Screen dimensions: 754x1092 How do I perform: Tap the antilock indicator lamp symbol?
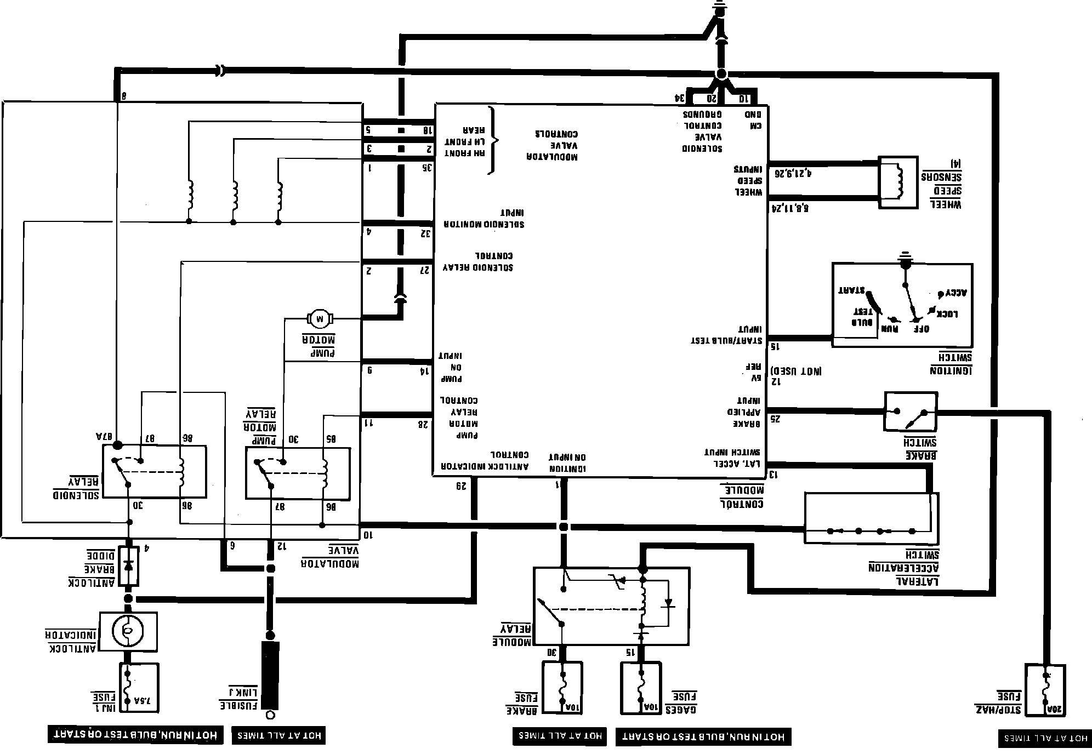pos(127,631)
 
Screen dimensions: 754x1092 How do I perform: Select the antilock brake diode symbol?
pos(129,565)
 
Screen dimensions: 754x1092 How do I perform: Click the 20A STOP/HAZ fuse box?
pos(1045,690)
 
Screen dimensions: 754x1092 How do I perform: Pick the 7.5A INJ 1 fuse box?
pos(139,687)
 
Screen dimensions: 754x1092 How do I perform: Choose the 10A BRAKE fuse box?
pos(562,687)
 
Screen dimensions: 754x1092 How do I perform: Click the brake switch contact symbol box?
pos(911,411)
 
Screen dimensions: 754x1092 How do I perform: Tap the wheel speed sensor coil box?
pos(898,182)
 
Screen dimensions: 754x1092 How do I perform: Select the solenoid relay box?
pos(155,471)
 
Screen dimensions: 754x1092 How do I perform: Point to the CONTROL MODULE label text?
pos(742,496)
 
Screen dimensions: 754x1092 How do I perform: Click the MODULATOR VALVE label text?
pos(330,556)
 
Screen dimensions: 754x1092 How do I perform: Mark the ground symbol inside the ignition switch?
pos(904,258)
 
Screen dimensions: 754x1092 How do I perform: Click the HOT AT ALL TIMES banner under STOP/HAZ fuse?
pos(1045,738)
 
